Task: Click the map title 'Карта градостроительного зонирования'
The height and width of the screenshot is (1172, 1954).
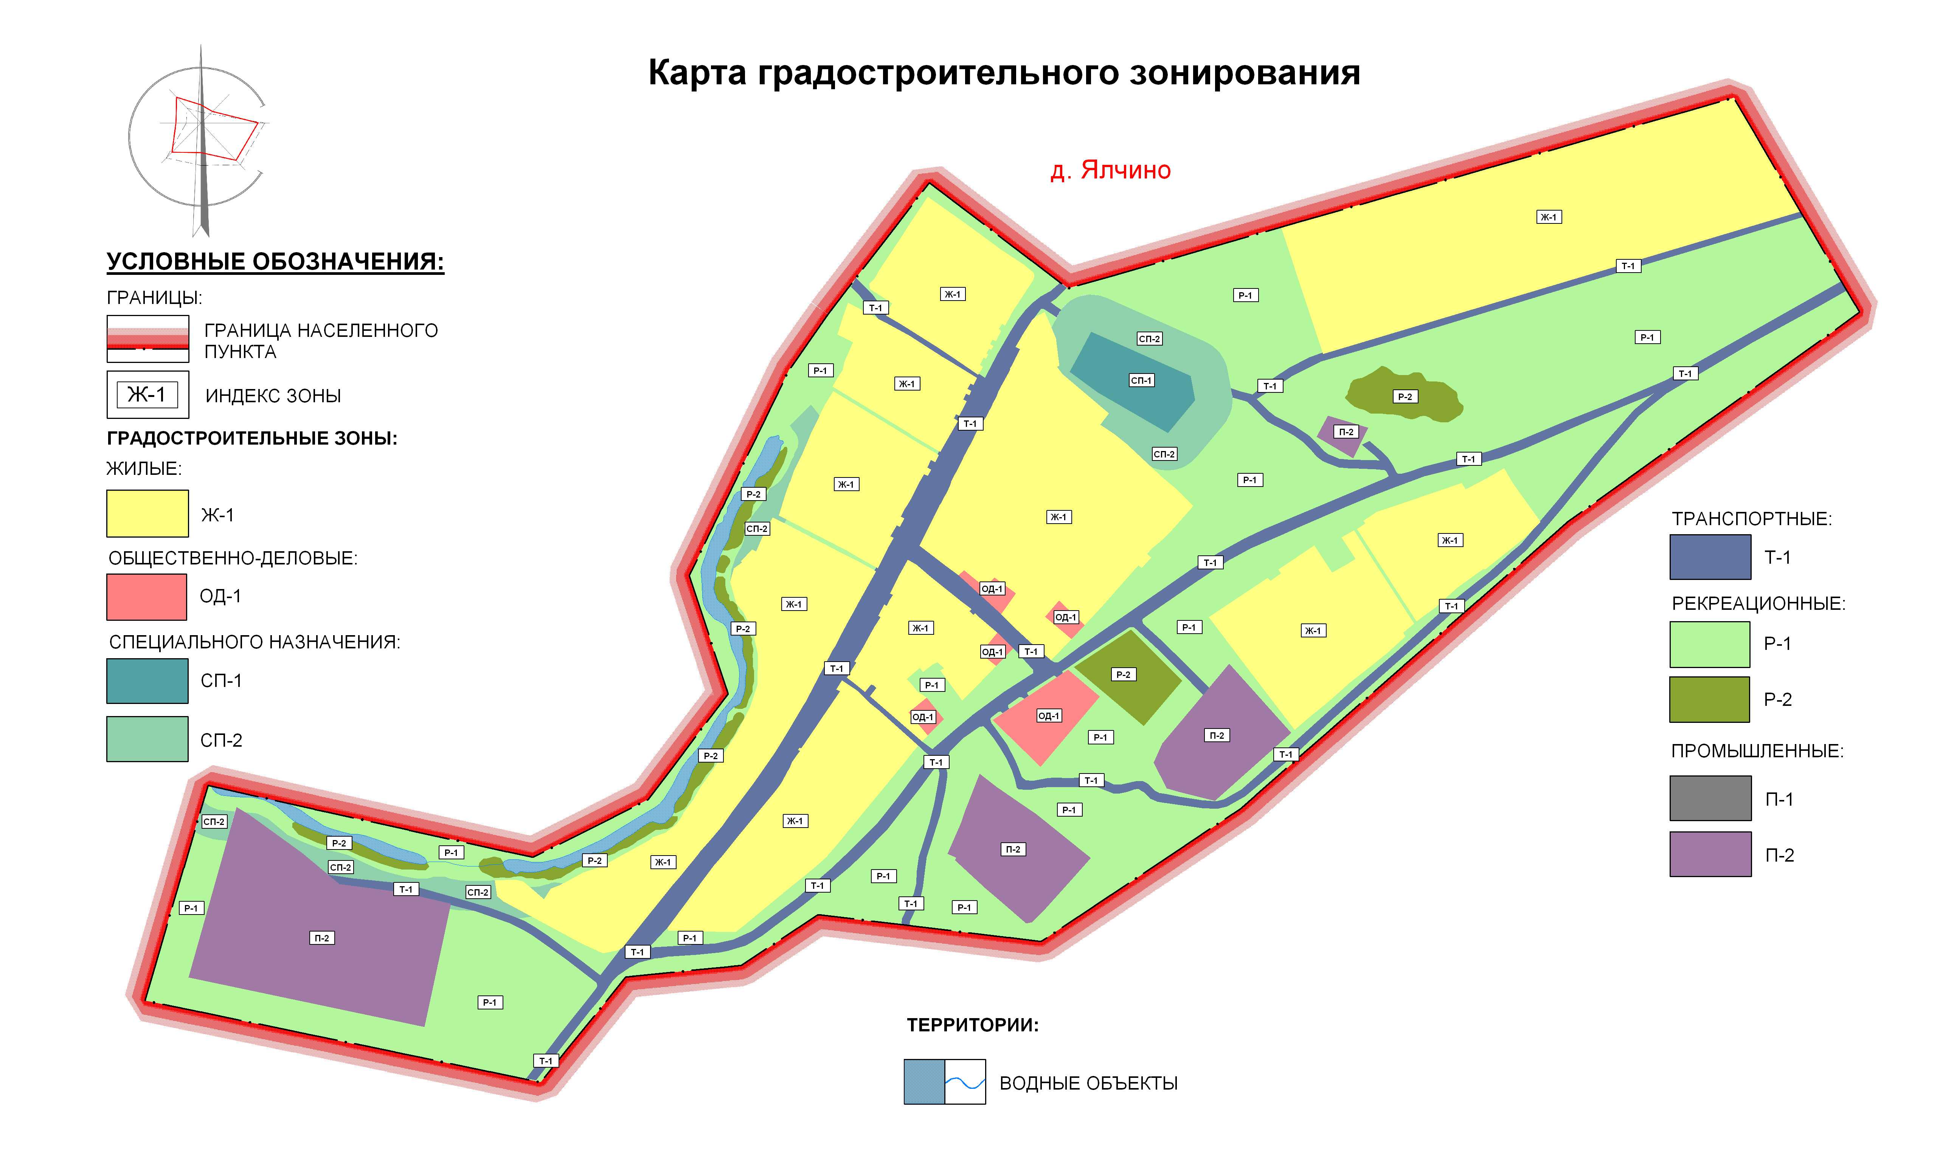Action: coord(1004,73)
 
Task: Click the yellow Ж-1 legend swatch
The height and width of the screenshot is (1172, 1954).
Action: coord(148,513)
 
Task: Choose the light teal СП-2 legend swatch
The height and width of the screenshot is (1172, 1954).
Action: coord(148,739)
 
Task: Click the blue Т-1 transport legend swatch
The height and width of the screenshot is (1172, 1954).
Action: coord(1710,557)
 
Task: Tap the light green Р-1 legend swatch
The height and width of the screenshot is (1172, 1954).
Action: coord(1710,643)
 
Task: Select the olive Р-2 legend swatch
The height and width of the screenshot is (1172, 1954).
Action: coord(1710,699)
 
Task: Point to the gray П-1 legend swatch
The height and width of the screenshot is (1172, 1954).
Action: coord(1710,798)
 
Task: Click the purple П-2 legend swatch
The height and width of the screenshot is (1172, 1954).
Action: coord(1710,854)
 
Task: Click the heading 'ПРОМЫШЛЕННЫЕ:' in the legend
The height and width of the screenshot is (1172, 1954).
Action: coord(1757,751)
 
